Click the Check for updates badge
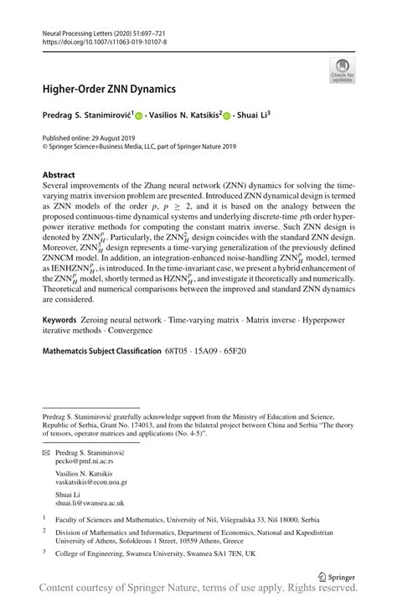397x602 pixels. (342, 70)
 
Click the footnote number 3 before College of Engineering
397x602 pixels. (44, 552)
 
